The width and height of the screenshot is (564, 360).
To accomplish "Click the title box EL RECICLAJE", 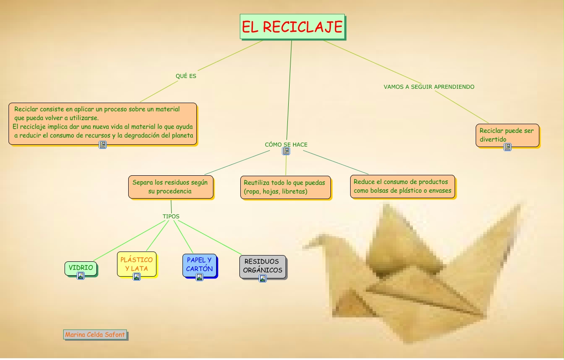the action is point(292,27).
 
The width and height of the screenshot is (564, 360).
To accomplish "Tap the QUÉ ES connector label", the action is point(186,76).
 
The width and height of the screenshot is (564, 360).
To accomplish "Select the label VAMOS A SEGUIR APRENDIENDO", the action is point(429,87).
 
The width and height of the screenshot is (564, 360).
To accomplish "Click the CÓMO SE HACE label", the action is point(286,144).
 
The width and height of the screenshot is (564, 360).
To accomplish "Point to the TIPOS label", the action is point(171,217).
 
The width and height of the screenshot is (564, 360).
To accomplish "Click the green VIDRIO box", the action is point(81,268).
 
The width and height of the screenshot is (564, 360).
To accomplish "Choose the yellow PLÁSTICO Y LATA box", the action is point(136,264).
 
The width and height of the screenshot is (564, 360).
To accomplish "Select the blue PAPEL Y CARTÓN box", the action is point(199,265).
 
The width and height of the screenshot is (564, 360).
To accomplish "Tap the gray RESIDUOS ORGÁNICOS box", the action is point(262,266).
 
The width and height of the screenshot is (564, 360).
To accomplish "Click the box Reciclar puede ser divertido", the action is point(507,134).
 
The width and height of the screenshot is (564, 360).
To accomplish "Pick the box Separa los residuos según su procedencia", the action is point(170,187).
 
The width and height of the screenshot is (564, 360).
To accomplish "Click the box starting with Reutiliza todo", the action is point(285,187).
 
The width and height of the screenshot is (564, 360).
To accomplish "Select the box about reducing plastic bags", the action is point(402,186).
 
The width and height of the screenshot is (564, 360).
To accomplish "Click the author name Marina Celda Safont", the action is point(95,334).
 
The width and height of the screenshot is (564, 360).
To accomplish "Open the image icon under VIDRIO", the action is point(81,276).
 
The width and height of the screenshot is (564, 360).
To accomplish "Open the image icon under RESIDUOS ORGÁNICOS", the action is point(263,278).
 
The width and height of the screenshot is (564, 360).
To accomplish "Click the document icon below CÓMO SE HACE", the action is point(286,151).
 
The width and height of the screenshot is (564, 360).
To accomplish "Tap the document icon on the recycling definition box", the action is point(103,144).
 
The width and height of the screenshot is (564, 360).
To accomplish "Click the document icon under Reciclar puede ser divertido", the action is point(508,147).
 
